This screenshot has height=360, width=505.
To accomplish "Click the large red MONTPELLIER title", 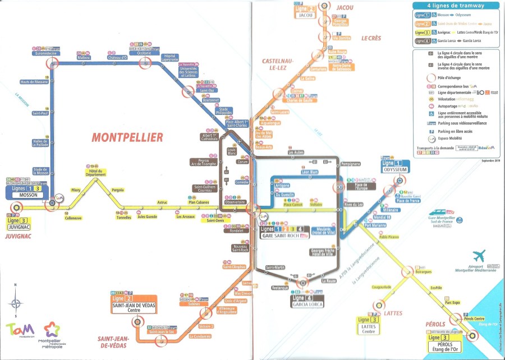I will pyautogui.click(x=127, y=137).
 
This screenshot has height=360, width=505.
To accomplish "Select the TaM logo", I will pyautogui.click(x=20, y=329).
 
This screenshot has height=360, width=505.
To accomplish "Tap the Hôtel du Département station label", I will pyautogui.click(x=96, y=172).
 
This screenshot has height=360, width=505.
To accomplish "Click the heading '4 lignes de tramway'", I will pyautogui.click(x=456, y=6).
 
